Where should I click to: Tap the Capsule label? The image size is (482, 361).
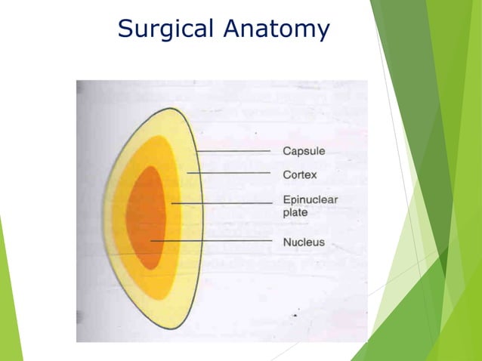coord(304,151)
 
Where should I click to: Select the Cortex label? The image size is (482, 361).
coord(299,174)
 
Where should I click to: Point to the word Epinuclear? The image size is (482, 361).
coord(310,199)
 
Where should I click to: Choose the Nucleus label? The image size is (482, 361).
coord(304,242)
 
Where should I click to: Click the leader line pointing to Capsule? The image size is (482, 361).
coord(234,152)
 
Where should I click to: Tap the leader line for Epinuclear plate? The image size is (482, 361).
coord(223,203)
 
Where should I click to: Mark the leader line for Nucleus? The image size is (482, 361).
coord(212,241)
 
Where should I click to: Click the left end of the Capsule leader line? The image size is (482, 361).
coord(196,152)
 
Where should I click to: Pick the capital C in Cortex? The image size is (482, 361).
coord(287,174)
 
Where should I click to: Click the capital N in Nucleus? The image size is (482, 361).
coord(287,242)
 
